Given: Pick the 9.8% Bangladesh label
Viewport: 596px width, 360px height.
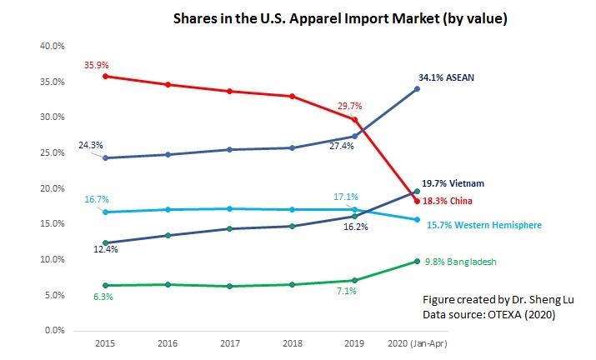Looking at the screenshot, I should [461, 261].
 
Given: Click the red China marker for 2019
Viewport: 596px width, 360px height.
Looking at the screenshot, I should [354, 119].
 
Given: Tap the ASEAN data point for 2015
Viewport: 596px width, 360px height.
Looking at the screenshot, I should [103, 158].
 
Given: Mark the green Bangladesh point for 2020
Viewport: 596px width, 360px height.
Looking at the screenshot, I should [417, 261].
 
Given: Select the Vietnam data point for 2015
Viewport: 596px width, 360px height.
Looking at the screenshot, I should [103, 242].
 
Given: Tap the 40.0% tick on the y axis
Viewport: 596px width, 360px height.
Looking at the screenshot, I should [53, 46].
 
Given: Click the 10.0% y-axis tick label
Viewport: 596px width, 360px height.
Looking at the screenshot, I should [53, 259].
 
